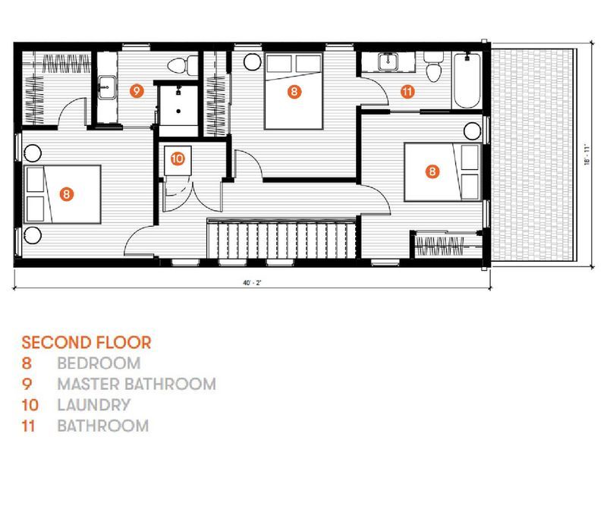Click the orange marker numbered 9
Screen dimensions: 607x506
click(137, 91)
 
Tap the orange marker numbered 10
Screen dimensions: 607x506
click(178, 159)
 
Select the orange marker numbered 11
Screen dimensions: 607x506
click(407, 92)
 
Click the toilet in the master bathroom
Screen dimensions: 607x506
click(183, 64)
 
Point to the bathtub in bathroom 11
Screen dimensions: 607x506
click(467, 81)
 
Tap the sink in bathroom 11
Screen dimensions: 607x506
click(388, 61)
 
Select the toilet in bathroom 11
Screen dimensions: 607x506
click(433, 67)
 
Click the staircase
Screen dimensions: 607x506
click(281, 239)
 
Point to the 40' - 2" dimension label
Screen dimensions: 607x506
click(252, 283)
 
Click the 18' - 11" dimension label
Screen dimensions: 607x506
click(587, 155)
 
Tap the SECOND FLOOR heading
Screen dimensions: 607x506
click(86, 343)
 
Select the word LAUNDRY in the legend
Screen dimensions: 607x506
click(93, 405)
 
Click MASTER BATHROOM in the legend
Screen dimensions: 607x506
click(137, 384)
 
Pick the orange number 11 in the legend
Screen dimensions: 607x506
click(28, 426)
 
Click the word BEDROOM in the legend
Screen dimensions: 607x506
click(99, 363)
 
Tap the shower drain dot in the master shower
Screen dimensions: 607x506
click(178, 111)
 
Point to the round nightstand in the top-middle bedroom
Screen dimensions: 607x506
click(253, 61)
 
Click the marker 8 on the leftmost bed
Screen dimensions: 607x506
click(67, 194)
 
